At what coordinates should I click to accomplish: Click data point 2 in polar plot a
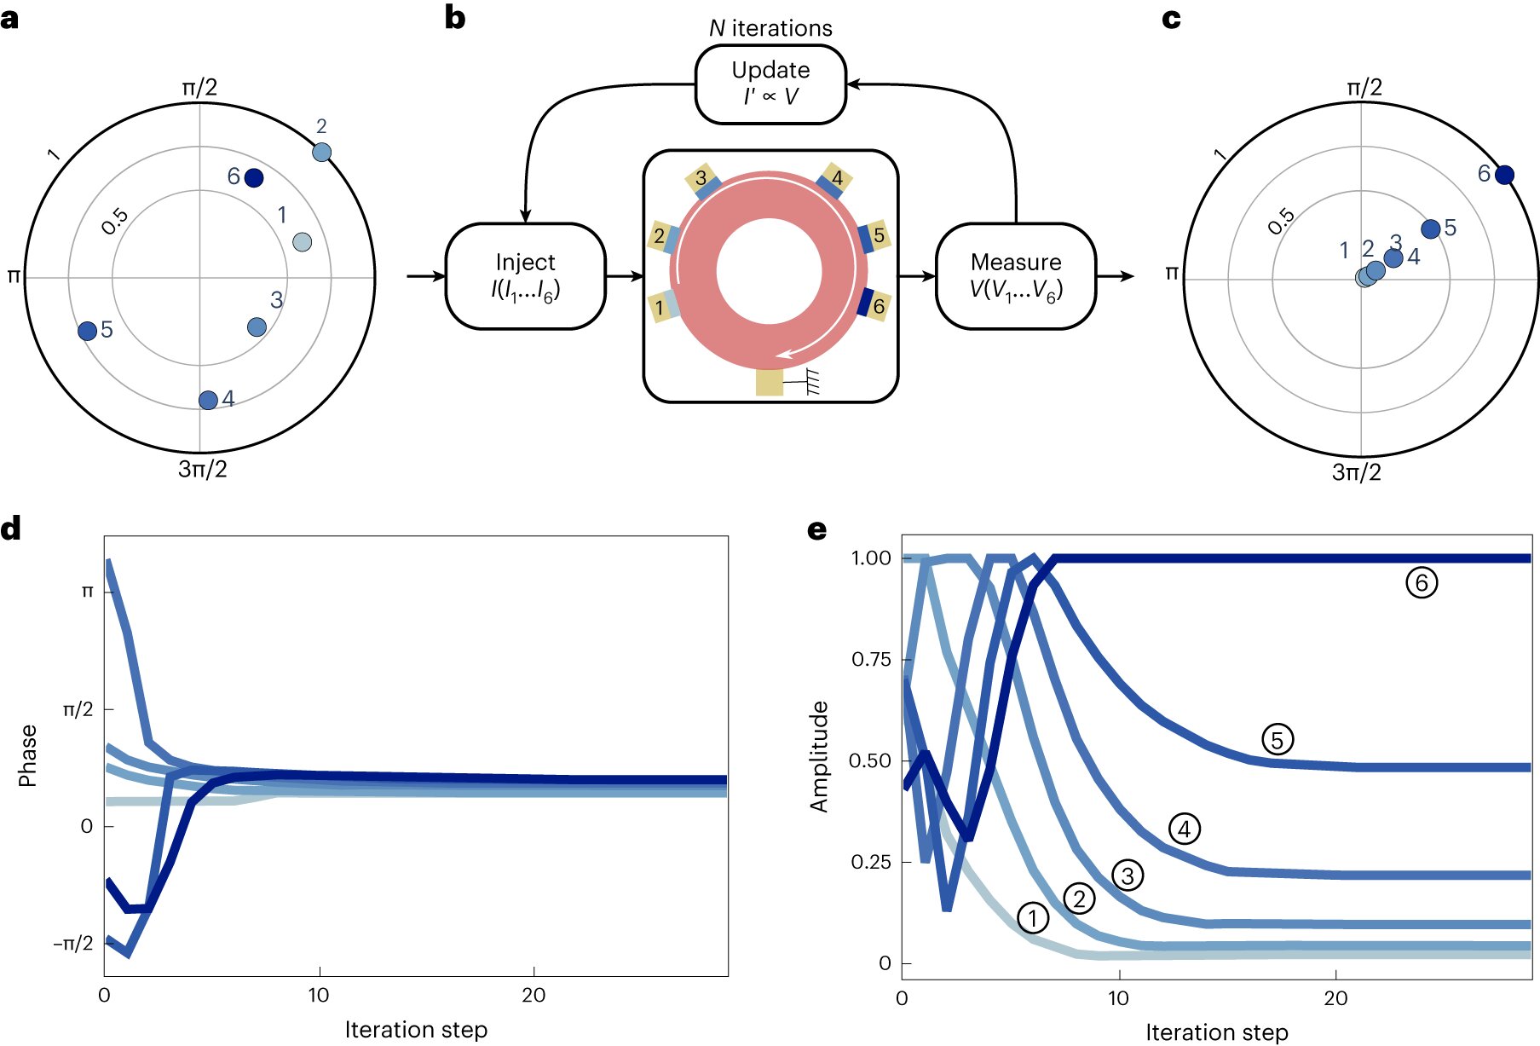coord(321,153)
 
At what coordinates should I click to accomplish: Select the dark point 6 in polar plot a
coord(254,178)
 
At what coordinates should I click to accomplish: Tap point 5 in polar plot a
coord(87,331)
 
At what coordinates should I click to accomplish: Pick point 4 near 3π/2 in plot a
coord(208,400)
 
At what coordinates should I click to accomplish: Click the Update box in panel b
coord(770,84)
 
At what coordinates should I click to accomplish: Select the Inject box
coord(525,276)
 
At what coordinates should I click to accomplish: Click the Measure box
coord(1015,276)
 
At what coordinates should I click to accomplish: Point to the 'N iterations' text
coord(770,28)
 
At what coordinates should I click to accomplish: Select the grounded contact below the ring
coord(769,382)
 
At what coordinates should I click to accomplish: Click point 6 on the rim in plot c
coord(1504,175)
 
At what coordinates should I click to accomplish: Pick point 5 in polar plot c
coord(1431,228)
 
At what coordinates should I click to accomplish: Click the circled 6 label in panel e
coord(1421,583)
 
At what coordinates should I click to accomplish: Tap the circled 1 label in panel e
coord(1033,918)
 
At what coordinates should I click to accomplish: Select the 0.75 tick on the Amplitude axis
coord(870,659)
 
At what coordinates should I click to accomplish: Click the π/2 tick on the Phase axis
coord(78,709)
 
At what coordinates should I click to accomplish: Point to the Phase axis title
coord(27,755)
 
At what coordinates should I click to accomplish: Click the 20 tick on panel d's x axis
coord(534,995)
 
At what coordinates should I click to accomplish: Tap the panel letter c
coord(1171,18)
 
